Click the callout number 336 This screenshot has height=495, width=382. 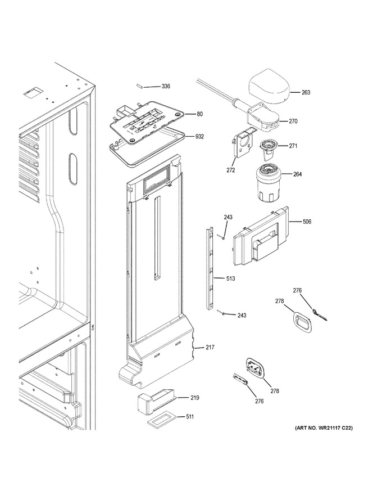pyautogui.click(x=166, y=86)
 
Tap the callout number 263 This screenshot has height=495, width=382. pyautogui.click(x=306, y=92)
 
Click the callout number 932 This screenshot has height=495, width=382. pyautogui.click(x=199, y=137)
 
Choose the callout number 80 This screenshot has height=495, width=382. pyautogui.click(x=200, y=114)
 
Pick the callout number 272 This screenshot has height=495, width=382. pyautogui.click(x=231, y=170)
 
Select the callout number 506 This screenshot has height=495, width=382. pyautogui.click(x=307, y=222)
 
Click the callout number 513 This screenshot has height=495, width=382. pyautogui.click(x=230, y=279)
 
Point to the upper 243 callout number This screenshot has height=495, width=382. pyautogui.click(x=228, y=217)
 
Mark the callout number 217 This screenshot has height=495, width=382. pyautogui.click(x=210, y=348)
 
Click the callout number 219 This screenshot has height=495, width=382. pyautogui.click(x=195, y=398)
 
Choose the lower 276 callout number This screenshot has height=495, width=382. pyautogui.click(x=259, y=402)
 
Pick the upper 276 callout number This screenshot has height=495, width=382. pyautogui.click(x=297, y=291)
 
